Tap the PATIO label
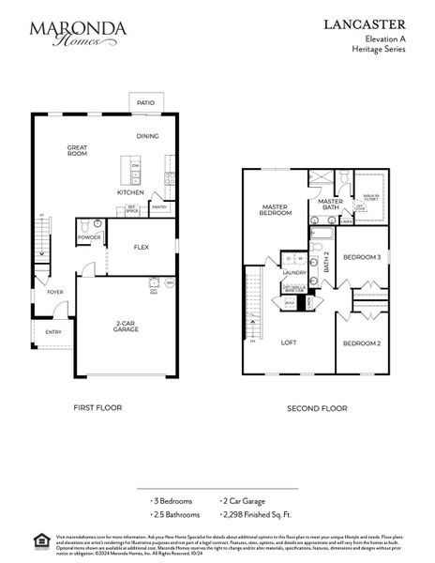coord(145,103)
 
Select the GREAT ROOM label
coord(77,150)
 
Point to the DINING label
coord(148,136)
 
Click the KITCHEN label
coord(129,192)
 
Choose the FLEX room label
coord(142,248)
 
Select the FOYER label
coord(55,292)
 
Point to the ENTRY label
coord(52,331)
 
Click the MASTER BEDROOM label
coord(277,209)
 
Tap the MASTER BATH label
coord(330,204)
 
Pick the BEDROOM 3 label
coord(360,256)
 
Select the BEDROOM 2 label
coord(360,343)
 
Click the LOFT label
coord(289,342)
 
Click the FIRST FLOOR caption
coord(97,408)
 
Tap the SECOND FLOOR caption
coord(317,408)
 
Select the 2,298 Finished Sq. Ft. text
coord(260,514)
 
